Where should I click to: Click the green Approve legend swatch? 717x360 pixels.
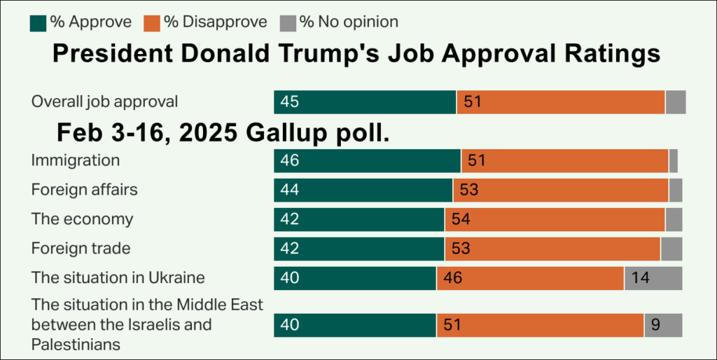[38, 22]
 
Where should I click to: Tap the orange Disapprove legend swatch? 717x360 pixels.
[152, 22]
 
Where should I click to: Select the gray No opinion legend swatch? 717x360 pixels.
[288, 22]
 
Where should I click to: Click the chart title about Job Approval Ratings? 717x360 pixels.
[357, 55]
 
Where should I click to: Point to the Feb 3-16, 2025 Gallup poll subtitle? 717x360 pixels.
[223, 132]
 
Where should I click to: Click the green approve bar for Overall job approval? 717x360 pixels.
[364, 102]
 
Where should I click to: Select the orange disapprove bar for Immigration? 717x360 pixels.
[564, 161]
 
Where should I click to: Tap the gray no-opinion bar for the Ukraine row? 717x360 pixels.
[653, 278]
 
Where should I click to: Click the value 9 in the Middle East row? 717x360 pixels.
[656, 325]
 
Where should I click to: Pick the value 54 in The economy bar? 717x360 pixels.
[460, 219]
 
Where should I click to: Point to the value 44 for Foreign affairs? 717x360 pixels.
[289, 191]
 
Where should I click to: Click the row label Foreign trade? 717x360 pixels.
[81, 249]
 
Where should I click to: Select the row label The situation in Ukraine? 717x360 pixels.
[118, 278]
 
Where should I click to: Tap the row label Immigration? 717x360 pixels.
[75, 160]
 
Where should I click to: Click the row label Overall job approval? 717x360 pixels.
[104, 102]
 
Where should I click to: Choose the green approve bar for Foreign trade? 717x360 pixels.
[358, 249]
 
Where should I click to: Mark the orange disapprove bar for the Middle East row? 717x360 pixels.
[539, 325]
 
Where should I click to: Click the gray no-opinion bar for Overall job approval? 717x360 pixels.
[675, 102]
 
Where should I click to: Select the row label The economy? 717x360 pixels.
[82, 219]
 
